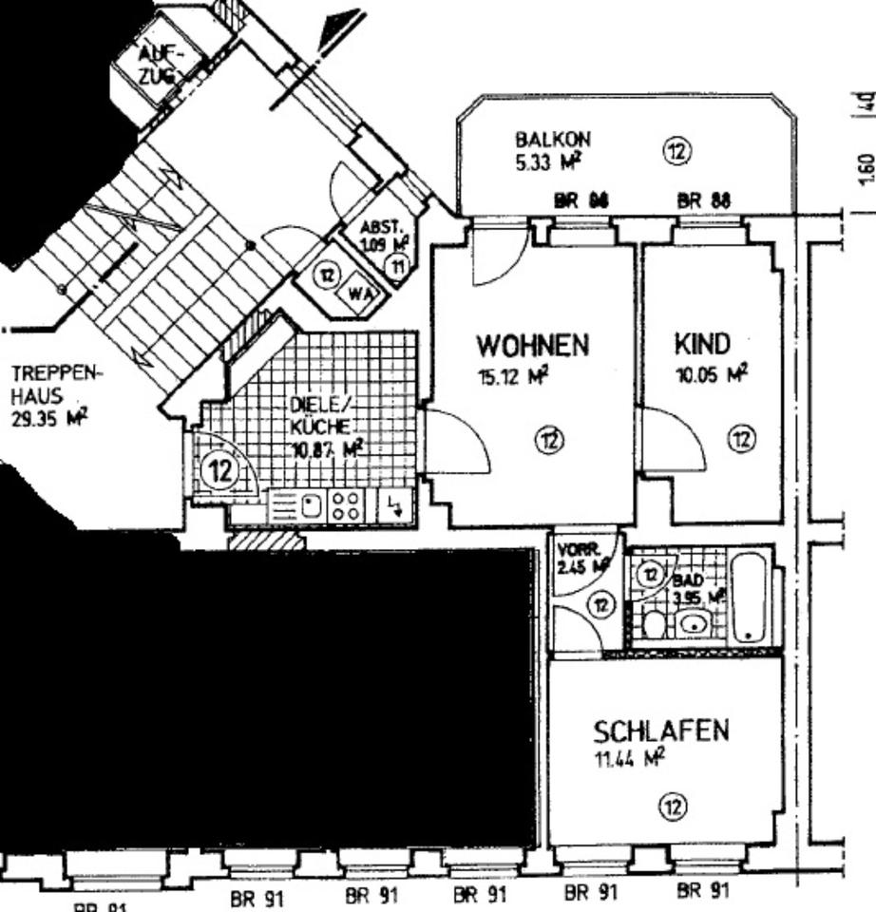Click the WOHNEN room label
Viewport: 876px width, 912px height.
tap(533, 344)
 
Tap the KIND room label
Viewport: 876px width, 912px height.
tap(702, 344)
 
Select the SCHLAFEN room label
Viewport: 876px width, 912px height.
tap(661, 731)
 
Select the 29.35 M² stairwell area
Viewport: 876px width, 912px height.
tap(48, 416)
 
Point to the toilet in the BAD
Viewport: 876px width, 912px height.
tap(653, 624)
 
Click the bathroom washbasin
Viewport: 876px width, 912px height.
tap(695, 623)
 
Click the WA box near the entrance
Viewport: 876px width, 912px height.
tap(359, 294)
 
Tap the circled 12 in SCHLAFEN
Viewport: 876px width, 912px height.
tap(673, 807)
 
